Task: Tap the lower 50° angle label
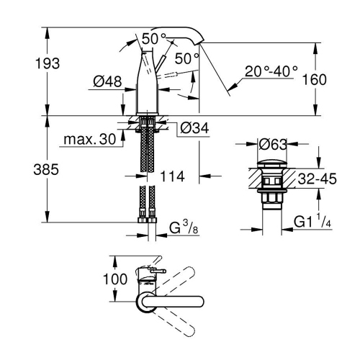[x=186, y=58]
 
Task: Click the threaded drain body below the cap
[x=274, y=198]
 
